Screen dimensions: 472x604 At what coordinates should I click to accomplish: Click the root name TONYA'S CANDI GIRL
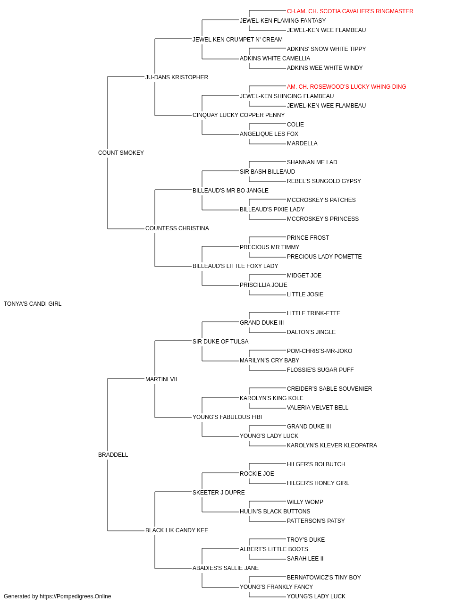coord(33,304)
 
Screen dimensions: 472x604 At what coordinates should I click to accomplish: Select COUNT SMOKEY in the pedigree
coord(121,153)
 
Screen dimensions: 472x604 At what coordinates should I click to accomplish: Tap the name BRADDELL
coord(113,455)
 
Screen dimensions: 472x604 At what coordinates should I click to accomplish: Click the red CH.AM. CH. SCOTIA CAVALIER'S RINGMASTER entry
coord(350,11)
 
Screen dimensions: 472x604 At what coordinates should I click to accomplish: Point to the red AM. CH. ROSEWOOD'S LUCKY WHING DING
coord(346,87)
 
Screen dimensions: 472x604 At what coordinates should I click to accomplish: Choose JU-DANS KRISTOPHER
coord(177,77)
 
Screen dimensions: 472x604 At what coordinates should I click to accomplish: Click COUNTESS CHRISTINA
coord(177,228)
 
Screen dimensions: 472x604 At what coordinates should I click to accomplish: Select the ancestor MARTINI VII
coord(161,379)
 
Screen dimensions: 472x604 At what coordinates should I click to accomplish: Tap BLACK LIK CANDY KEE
coord(177,530)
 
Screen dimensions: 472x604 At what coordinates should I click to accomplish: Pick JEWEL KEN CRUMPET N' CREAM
coord(237,40)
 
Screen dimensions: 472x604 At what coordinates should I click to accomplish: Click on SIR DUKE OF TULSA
coord(220,341)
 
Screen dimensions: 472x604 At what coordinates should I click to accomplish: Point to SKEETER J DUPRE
coord(219,492)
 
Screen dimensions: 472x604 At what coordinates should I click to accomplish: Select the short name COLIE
coord(295,125)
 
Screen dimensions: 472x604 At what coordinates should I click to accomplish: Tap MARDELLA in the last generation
coord(302,143)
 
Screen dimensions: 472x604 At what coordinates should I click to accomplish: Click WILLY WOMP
coord(305,502)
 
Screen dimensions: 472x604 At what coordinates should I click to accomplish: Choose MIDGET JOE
coord(304,276)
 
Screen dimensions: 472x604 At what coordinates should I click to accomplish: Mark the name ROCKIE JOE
coord(257,473)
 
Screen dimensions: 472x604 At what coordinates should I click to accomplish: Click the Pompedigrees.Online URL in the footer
coord(76,596)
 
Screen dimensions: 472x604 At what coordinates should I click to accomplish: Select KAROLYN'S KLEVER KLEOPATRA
coord(332,445)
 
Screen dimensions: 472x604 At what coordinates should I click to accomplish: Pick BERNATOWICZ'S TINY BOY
coord(324,577)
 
